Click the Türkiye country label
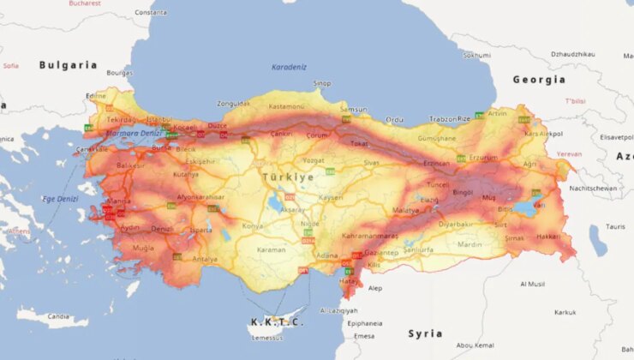point(287,177)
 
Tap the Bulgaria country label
point(68,65)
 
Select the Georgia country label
point(539,80)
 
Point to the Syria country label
point(425,333)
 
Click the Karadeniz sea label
point(289,67)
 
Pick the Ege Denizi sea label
point(61,199)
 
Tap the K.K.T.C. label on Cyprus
point(276,322)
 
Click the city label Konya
point(254,226)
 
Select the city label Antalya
point(205,259)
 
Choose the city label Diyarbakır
point(456,224)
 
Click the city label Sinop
point(322,83)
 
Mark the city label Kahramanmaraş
point(370,236)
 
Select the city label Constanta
point(151,13)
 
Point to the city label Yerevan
point(569,153)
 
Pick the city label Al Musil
point(533,284)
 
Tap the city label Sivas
point(371,162)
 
